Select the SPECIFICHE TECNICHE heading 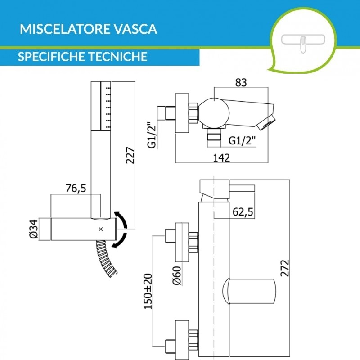(83, 57)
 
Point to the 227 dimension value (130, 156)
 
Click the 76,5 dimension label (76, 189)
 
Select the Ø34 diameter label (32, 229)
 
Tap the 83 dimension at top (240, 83)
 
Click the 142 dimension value (221, 157)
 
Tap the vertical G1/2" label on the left (152, 134)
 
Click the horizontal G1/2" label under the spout (242, 140)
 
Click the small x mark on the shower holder (101, 229)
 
